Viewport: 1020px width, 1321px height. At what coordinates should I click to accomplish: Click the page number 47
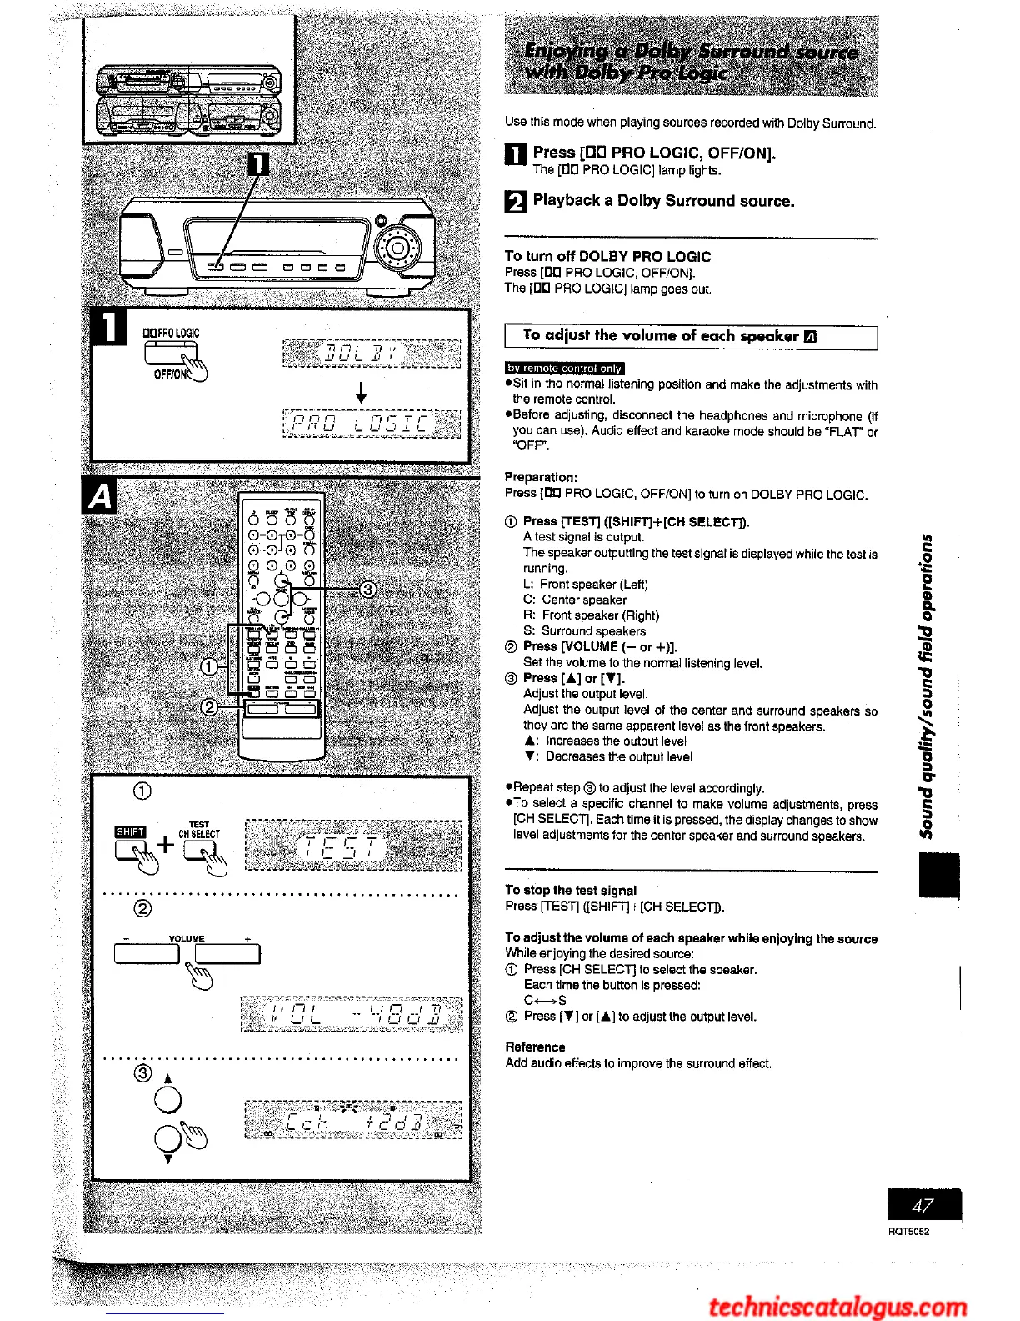pyautogui.click(x=923, y=1206)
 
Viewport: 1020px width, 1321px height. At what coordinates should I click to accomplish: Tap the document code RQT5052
pyautogui.click(x=907, y=1231)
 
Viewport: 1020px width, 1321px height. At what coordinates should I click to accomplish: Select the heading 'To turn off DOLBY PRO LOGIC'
pyautogui.click(x=607, y=257)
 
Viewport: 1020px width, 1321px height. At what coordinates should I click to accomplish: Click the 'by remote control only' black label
pyautogui.click(x=564, y=368)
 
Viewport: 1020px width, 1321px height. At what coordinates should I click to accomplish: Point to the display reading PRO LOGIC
pyautogui.click(x=372, y=424)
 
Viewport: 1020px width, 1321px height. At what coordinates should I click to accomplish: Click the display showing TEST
pyautogui.click(x=353, y=846)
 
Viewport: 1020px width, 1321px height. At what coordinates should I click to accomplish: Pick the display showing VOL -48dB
pyautogui.click(x=351, y=1015)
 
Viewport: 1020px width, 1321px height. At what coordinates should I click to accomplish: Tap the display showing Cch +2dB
pyautogui.click(x=353, y=1121)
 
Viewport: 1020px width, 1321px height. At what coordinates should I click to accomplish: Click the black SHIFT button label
pyautogui.click(x=130, y=831)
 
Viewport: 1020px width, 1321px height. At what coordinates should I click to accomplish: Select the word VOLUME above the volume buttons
pyautogui.click(x=187, y=938)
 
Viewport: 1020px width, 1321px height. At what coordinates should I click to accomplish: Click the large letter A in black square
pyautogui.click(x=101, y=497)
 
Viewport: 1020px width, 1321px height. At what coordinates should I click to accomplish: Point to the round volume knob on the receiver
pyautogui.click(x=397, y=248)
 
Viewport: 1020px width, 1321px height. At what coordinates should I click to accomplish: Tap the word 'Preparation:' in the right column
pyautogui.click(x=541, y=477)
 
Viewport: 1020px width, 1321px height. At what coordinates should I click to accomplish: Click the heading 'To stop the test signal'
pyautogui.click(x=571, y=890)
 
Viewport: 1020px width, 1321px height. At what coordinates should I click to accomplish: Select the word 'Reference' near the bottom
pyautogui.click(x=535, y=1047)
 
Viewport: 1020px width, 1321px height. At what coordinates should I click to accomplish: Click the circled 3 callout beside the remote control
pyautogui.click(x=367, y=590)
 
